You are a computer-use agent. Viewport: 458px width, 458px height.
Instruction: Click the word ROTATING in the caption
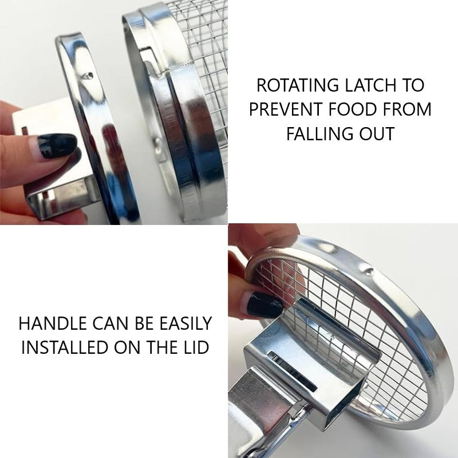[298, 85]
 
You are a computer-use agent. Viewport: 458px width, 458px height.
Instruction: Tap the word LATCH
[370, 85]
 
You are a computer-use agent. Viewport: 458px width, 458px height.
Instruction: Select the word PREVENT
[286, 109]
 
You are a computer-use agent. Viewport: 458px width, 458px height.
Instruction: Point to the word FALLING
[319, 133]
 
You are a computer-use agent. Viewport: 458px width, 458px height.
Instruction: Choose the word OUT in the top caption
[377, 133]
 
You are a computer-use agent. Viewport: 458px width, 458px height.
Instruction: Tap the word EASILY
[185, 323]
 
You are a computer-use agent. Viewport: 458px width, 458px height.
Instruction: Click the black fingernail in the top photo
[57, 145]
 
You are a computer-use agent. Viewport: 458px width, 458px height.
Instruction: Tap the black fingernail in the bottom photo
[264, 305]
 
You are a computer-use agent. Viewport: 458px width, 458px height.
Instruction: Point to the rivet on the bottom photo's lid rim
[369, 271]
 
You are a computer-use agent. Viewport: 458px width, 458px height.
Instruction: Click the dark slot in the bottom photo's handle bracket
[293, 372]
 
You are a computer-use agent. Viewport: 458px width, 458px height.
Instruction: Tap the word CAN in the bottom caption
[110, 323]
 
